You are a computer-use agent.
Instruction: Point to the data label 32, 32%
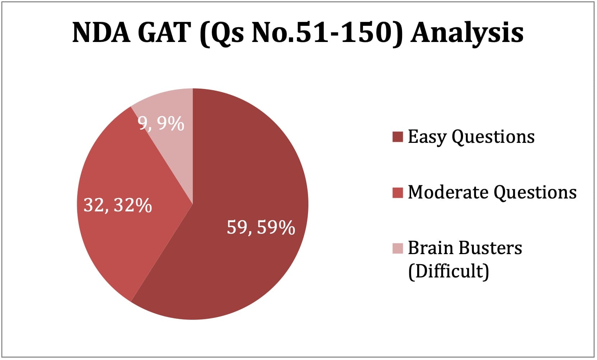click(x=117, y=205)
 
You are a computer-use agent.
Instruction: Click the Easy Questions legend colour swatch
click(x=397, y=137)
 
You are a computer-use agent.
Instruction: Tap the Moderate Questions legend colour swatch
click(x=397, y=193)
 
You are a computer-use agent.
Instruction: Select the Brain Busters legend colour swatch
click(x=397, y=248)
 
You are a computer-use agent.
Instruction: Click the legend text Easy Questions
click(x=471, y=137)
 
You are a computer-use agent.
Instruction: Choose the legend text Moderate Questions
click(x=492, y=193)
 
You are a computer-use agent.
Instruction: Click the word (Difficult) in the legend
click(x=448, y=272)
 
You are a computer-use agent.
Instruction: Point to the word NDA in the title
click(x=101, y=33)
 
